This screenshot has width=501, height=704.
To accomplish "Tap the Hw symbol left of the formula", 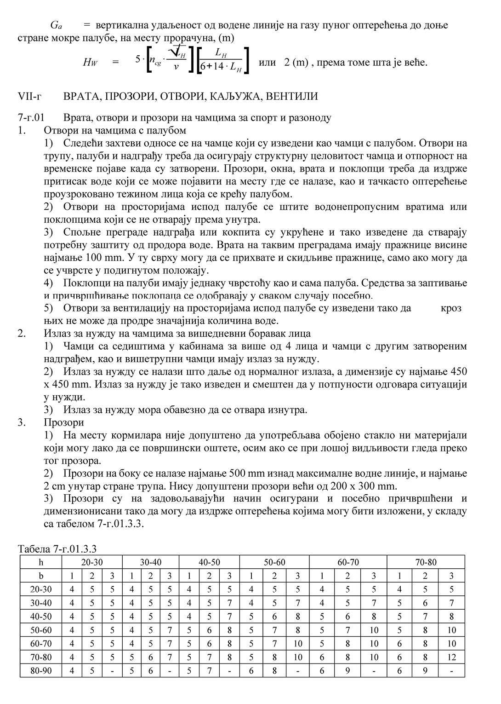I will [90, 63].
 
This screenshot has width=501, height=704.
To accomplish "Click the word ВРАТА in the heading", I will [81, 97].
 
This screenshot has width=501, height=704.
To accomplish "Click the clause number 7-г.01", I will [30, 118].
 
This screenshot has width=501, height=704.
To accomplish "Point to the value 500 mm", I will [246, 473].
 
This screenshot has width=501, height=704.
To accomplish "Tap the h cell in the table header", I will [41, 562].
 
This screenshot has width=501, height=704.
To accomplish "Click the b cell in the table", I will [41, 576].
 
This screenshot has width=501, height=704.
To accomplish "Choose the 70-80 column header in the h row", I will [426, 562].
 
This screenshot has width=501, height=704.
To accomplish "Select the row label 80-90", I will [41, 671].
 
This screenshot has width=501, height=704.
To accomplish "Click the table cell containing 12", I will [452, 658].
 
